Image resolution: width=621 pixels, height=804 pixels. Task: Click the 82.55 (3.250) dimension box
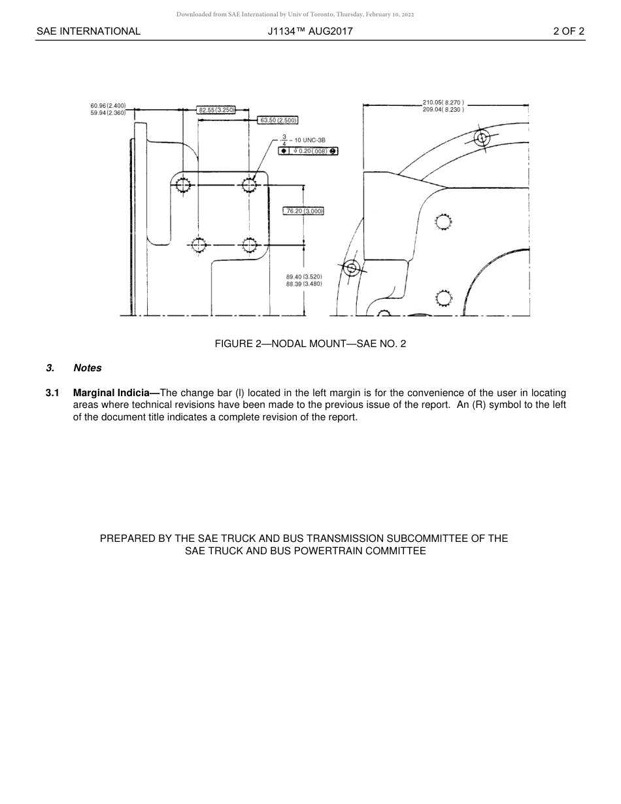(216, 110)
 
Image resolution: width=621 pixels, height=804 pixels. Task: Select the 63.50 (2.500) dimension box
(278, 120)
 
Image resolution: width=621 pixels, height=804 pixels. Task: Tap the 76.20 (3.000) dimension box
(304, 211)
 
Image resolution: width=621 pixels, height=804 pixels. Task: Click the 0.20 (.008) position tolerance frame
(309, 151)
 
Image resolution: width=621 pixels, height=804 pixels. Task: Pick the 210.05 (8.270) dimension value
(443, 103)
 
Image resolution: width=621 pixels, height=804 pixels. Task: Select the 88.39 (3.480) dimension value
(304, 284)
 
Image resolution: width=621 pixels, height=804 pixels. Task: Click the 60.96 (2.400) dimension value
(108, 105)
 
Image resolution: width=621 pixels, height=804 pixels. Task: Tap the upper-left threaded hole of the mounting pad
(183, 186)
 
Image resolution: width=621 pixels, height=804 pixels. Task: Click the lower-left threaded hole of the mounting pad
(198, 245)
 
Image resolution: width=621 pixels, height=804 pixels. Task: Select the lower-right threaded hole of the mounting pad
(248, 245)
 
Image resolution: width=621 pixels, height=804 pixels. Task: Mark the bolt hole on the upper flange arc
(482, 138)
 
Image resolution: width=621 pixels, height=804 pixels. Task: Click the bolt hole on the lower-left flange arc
(352, 268)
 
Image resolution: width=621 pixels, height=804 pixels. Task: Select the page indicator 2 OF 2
(568, 31)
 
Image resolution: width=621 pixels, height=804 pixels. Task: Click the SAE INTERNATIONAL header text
(88, 31)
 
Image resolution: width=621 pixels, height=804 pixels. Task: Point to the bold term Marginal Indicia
(112, 393)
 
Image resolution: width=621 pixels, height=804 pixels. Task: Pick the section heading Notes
(88, 368)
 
